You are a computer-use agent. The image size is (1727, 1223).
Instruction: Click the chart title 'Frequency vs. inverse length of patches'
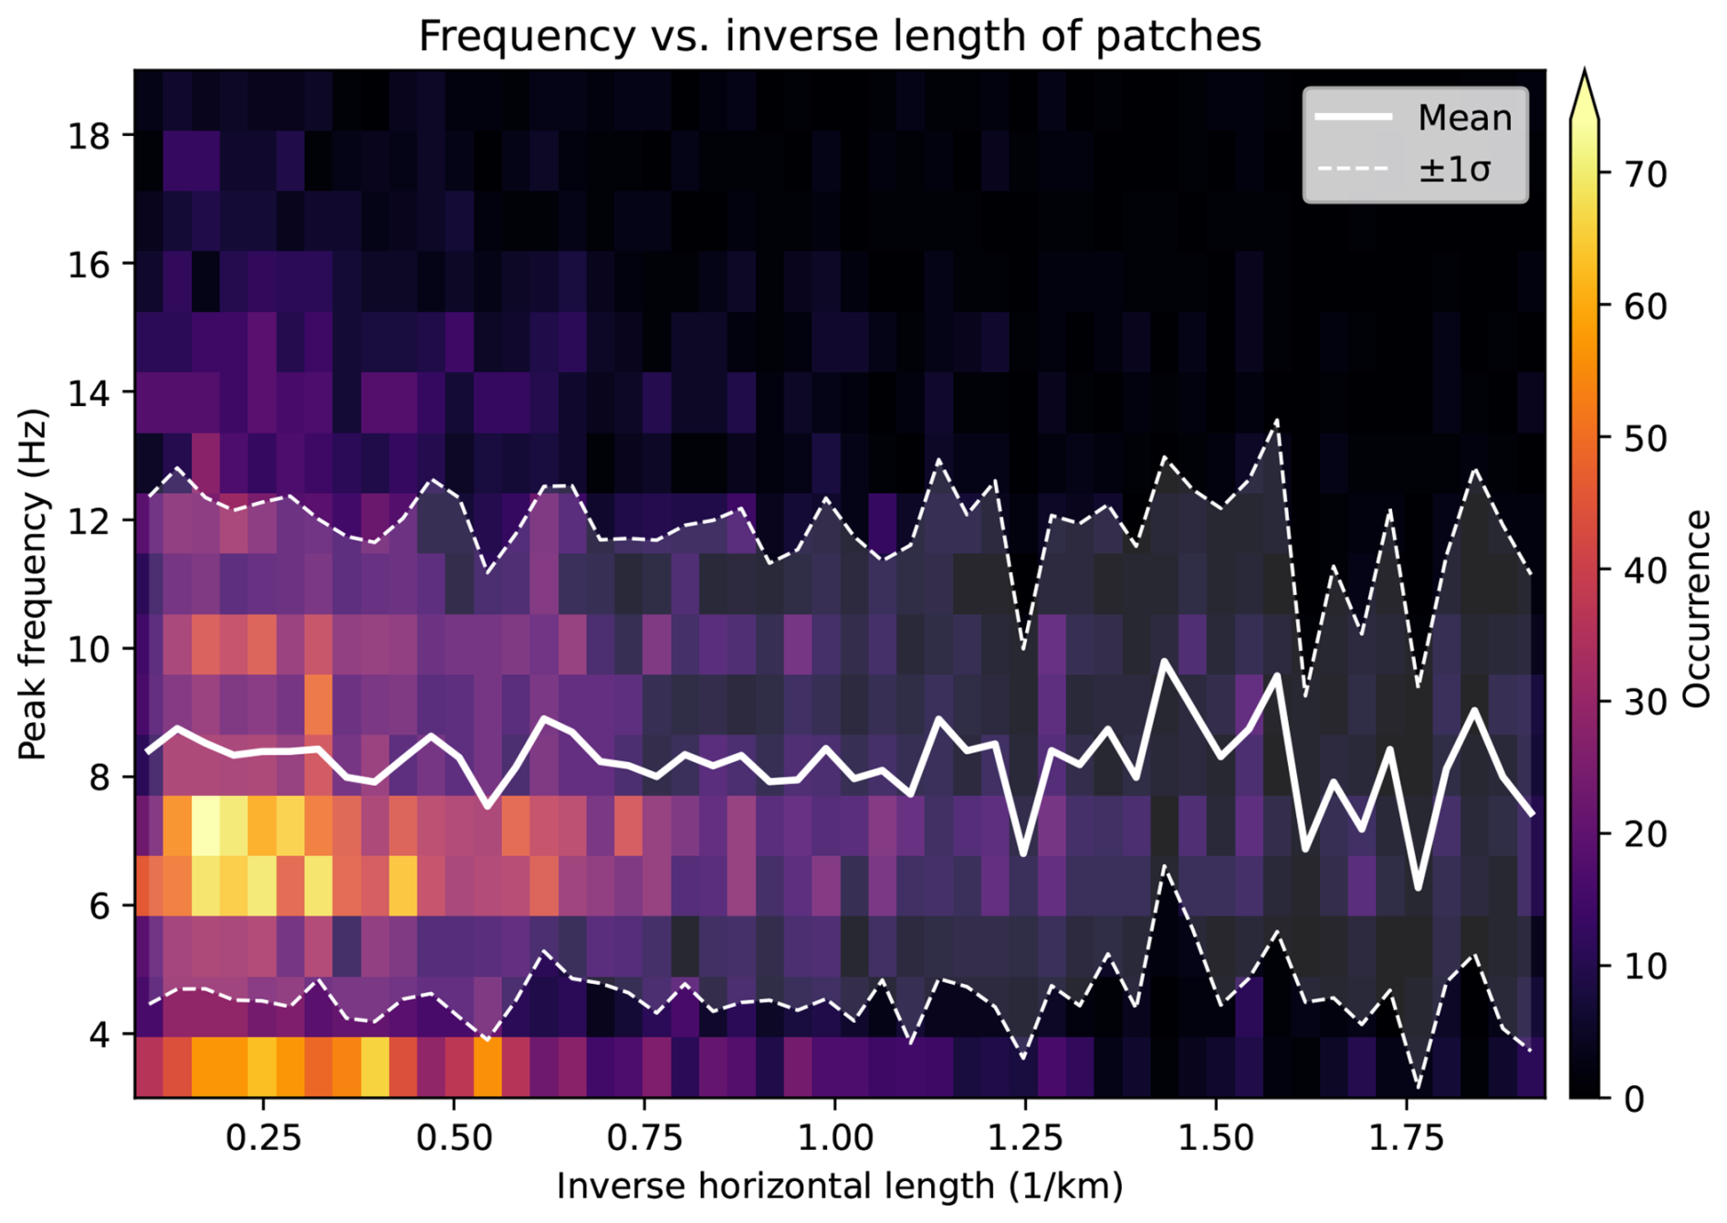coord(840,37)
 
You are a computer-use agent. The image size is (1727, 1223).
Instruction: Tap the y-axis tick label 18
coord(88,136)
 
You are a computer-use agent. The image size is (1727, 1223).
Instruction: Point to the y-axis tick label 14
coord(88,393)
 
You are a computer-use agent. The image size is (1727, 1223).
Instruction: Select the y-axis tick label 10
coord(88,650)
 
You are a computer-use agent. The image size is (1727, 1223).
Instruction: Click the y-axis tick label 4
coord(99,1035)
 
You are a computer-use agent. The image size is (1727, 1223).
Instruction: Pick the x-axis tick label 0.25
coord(264,1138)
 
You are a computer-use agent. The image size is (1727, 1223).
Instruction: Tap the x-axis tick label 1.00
coord(835,1138)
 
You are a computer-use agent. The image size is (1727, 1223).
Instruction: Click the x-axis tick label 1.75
coord(1406,1138)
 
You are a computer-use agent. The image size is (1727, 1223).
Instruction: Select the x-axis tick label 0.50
coord(455,1138)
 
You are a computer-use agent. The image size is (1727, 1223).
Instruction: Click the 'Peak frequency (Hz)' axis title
coord(33,584)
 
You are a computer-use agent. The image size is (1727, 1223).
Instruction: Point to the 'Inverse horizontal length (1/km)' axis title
coord(840,1186)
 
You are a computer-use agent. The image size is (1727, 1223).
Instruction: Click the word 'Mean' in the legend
coord(1465,118)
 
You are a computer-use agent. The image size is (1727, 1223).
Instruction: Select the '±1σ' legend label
coord(1454,169)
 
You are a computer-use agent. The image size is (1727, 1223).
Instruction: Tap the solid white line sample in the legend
coord(1354,117)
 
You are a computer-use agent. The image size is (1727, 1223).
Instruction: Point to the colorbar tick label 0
coord(1635,1099)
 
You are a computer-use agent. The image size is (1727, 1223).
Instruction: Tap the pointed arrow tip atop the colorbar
coord(1586,69)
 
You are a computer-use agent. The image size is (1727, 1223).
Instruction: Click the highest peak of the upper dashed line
coord(1277,420)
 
